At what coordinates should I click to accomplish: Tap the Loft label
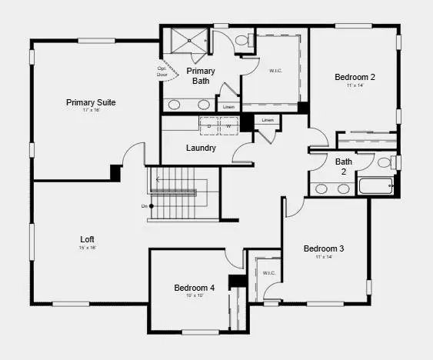(x=88, y=238)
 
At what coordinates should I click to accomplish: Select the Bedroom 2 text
(x=355, y=77)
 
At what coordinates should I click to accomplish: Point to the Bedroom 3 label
(x=323, y=248)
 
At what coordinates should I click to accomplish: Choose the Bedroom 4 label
(x=194, y=288)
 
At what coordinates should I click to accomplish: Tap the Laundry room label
(x=201, y=148)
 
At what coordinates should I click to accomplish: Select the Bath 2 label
(x=344, y=166)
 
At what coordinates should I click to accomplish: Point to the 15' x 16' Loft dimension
(x=88, y=247)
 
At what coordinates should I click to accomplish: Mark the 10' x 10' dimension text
(x=194, y=295)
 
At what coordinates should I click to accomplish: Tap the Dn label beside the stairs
(x=144, y=206)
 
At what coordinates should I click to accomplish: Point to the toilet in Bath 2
(x=386, y=162)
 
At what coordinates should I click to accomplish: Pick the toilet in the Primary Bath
(x=242, y=39)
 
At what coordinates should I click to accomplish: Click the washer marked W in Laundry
(x=228, y=125)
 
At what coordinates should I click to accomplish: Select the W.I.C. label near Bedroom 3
(x=268, y=273)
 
